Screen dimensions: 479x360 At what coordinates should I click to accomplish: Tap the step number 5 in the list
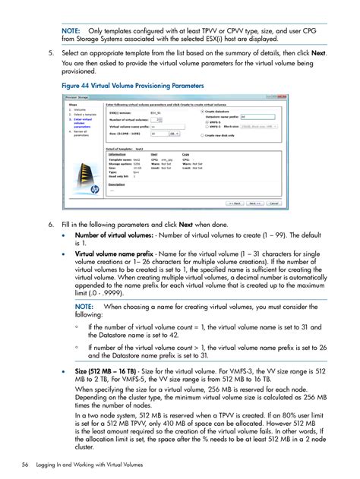[x=50, y=54]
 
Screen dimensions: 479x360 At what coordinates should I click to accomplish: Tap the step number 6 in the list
[x=50, y=225]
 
